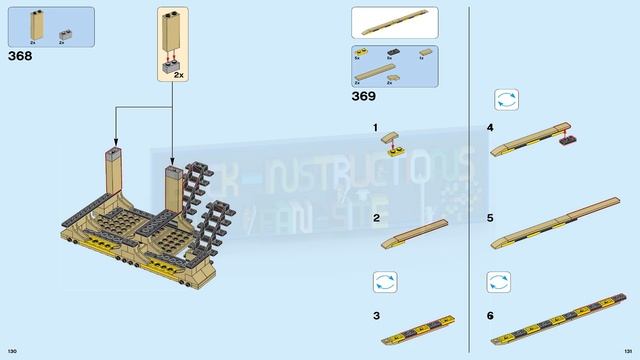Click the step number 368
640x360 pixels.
tap(19, 57)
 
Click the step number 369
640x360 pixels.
tap(363, 96)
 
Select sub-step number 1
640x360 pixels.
tap(376, 129)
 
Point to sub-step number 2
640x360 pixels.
tap(376, 217)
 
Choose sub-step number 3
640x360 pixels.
tap(376, 315)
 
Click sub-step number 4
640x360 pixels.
tap(490, 129)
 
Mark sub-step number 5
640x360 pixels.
tap(490, 217)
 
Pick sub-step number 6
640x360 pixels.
tap(490, 315)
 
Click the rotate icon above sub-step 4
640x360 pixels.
tap(505, 100)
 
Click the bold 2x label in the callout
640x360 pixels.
tap(180, 75)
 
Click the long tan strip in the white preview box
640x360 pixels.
tap(394, 22)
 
